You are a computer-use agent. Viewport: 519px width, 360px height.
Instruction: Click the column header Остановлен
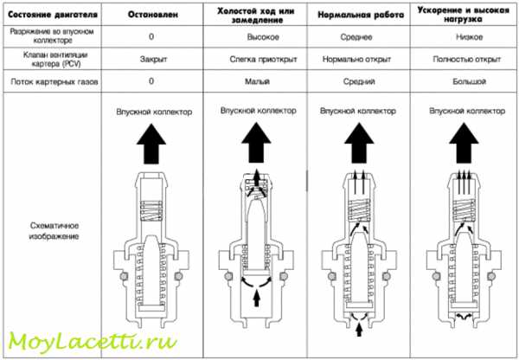(x=153, y=15)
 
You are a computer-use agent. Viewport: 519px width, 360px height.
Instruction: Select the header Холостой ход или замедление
(x=255, y=16)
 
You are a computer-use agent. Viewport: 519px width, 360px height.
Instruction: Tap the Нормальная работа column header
(x=361, y=15)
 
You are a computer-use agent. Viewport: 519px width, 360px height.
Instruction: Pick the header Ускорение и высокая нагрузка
(x=463, y=15)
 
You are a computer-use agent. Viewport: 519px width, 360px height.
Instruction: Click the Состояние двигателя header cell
(x=53, y=15)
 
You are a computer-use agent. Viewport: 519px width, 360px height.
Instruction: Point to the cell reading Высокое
(x=263, y=37)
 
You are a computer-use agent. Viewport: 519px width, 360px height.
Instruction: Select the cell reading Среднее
(x=356, y=37)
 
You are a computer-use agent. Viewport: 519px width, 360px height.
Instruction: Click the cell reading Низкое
(x=469, y=36)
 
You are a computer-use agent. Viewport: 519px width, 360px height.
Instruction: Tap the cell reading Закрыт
(x=153, y=60)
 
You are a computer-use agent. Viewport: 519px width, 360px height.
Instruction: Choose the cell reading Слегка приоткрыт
(x=263, y=60)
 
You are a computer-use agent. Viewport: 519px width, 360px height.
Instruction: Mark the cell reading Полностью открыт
(x=467, y=60)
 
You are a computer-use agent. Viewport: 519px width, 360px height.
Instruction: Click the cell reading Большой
(x=469, y=81)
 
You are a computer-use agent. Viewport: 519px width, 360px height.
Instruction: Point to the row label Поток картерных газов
(x=54, y=81)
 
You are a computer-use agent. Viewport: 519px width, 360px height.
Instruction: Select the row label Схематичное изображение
(x=54, y=231)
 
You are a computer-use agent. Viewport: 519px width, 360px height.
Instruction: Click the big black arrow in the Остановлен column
(x=151, y=144)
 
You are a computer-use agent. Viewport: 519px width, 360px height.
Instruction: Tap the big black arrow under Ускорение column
(x=464, y=143)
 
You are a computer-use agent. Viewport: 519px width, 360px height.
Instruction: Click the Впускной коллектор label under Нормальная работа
(x=358, y=111)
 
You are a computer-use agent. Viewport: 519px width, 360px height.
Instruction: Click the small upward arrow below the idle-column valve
(x=256, y=298)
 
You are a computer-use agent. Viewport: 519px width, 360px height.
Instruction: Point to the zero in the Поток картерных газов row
(x=151, y=81)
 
